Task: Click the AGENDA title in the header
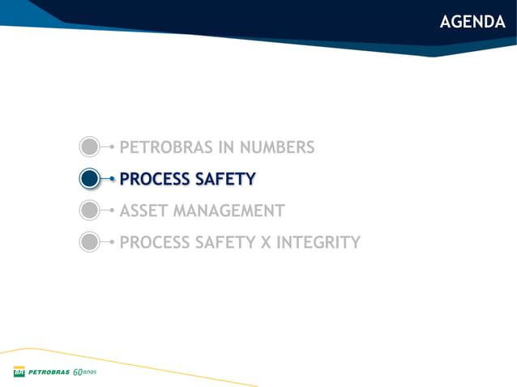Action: (472, 22)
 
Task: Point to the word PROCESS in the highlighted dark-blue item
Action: (154, 179)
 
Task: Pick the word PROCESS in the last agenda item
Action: (154, 242)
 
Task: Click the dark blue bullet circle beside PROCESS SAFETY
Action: (90, 179)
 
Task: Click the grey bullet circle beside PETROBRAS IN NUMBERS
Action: (90, 147)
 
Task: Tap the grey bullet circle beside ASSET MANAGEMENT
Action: (90, 211)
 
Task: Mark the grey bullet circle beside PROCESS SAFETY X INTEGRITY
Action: (90, 242)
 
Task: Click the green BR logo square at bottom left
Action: (19, 372)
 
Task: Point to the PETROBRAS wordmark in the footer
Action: (49, 372)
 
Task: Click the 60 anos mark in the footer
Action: (84, 372)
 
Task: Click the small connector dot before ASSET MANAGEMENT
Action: (112, 211)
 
